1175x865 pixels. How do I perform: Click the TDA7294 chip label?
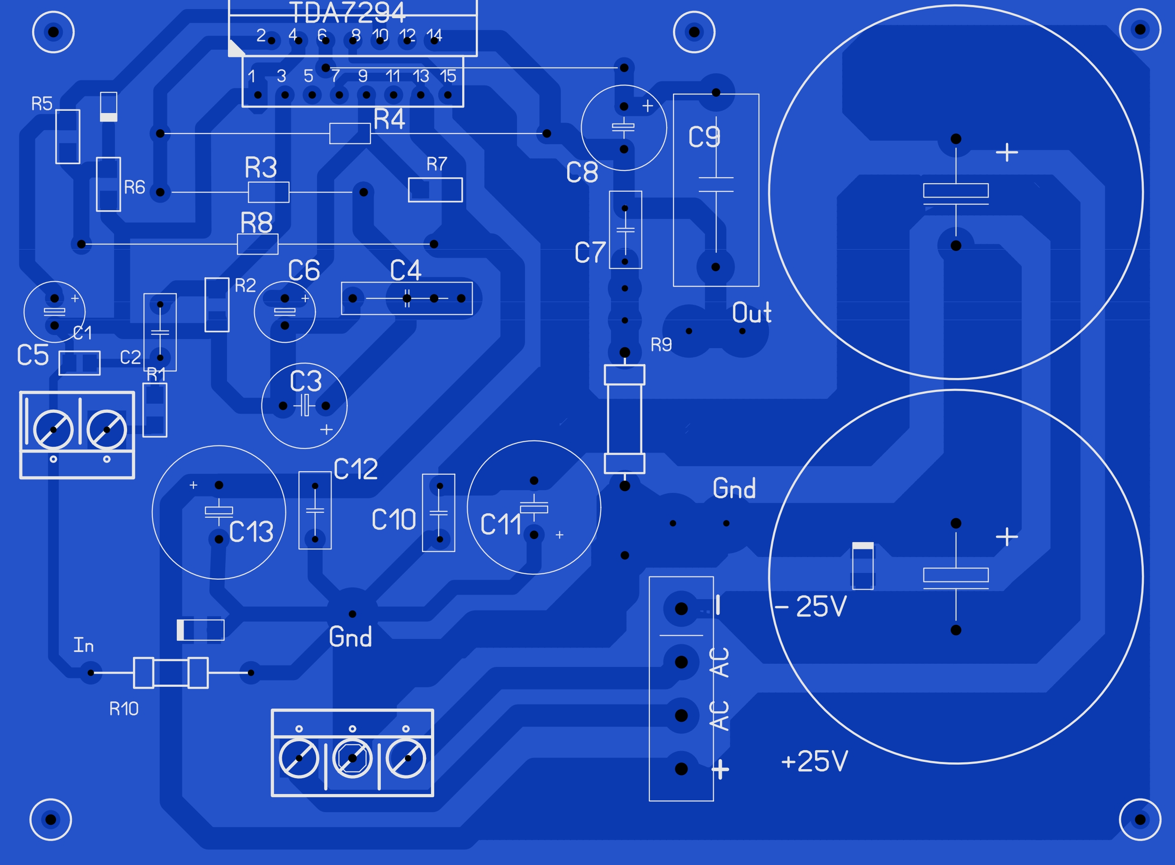pyautogui.click(x=348, y=12)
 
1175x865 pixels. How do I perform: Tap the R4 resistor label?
pyautogui.click(x=389, y=119)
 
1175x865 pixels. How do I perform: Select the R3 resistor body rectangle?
pyautogui.click(x=268, y=192)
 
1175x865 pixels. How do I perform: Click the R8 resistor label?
pyautogui.click(x=256, y=223)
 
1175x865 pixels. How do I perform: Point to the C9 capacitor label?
pyautogui.click(x=704, y=137)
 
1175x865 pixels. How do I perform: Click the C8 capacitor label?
pyautogui.click(x=582, y=172)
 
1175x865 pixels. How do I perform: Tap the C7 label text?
pyautogui.click(x=590, y=253)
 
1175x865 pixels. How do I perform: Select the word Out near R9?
pyautogui.click(x=751, y=313)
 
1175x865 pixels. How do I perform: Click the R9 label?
pyautogui.click(x=661, y=345)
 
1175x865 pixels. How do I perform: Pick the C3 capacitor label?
pyautogui.click(x=306, y=381)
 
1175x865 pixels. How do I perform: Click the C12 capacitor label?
pyautogui.click(x=355, y=469)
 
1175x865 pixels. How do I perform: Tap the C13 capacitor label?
pyautogui.click(x=251, y=532)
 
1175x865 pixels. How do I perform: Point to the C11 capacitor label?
pyautogui.click(x=501, y=525)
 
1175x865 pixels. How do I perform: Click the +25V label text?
pyautogui.click(x=814, y=761)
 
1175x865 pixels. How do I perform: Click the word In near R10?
pyautogui.click(x=84, y=645)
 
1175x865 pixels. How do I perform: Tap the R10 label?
pyautogui.click(x=123, y=709)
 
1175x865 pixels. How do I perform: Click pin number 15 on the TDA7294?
pyautogui.click(x=448, y=76)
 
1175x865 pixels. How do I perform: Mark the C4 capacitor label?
pyautogui.click(x=405, y=271)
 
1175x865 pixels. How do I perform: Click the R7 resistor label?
pyautogui.click(x=437, y=165)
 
